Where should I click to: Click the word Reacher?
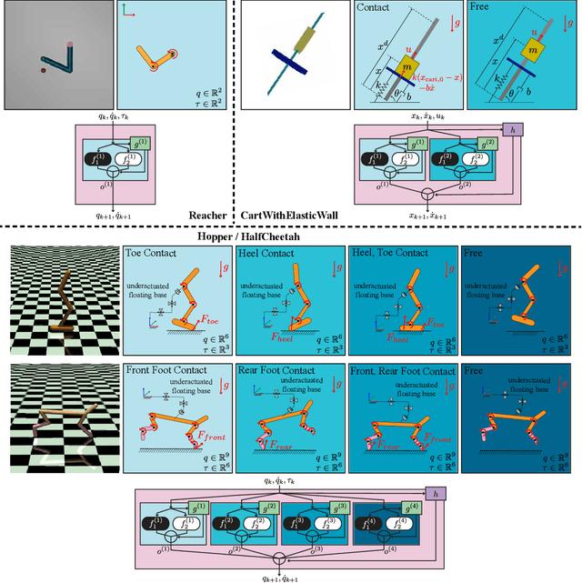[207, 215]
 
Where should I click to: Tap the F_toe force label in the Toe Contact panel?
[211, 320]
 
